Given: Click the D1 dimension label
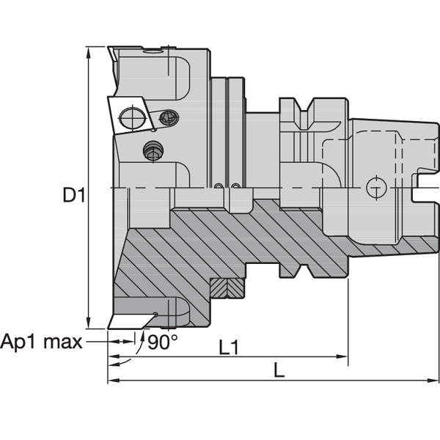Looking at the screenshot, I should pyautogui.click(x=73, y=196).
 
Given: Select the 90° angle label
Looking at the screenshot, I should pyautogui.click(x=162, y=342).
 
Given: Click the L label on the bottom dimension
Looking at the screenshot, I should pyautogui.click(x=279, y=372).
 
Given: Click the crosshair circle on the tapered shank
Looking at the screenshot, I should pyautogui.click(x=375, y=189).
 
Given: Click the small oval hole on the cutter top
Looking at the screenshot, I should pyautogui.click(x=153, y=51).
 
